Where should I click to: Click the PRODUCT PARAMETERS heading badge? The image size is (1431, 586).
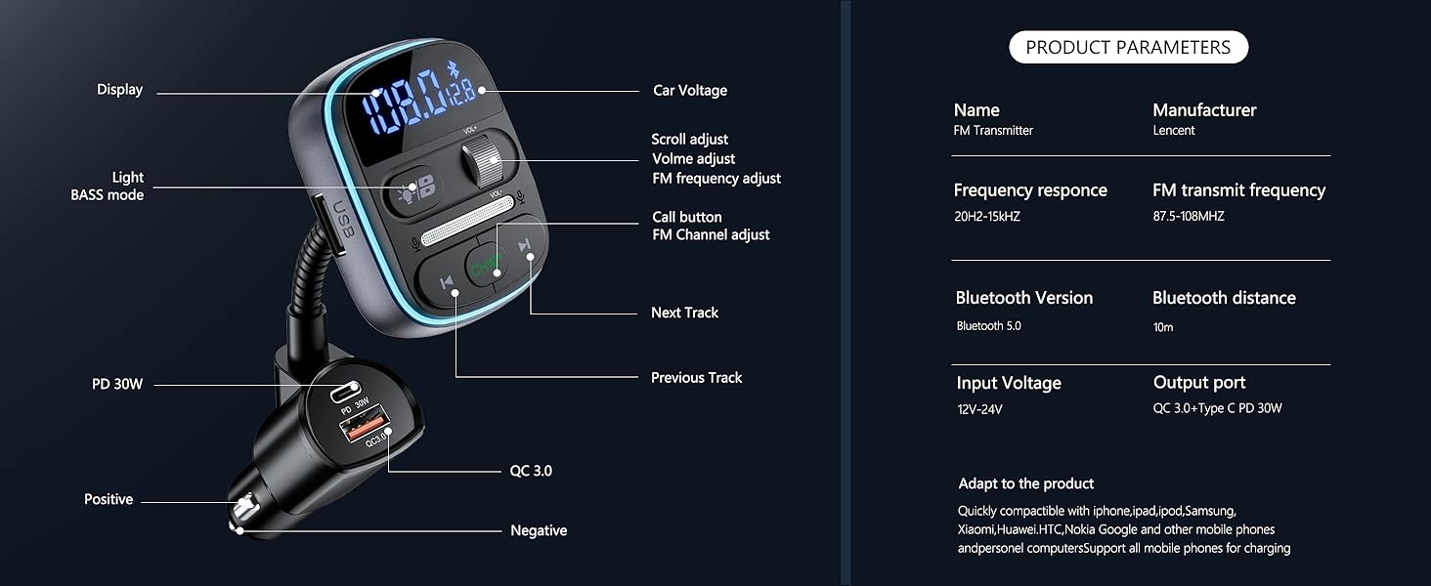pyautogui.click(x=1128, y=47)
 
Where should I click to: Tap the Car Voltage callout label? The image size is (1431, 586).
pyautogui.click(x=689, y=90)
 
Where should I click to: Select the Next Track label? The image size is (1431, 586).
pyautogui.click(x=684, y=313)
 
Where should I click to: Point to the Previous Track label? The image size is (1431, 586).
pyautogui.click(x=696, y=377)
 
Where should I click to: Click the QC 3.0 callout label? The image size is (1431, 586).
pyautogui.click(x=531, y=471)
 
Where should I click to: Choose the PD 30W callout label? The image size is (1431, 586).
pyautogui.click(x=117, y=384)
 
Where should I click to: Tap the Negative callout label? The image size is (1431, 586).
pyautogui.click(x=539, y=530)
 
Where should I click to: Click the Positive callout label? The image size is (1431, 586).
pyautogui.click(x=108, y=499)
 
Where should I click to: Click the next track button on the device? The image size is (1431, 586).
pyautogui.click(x=524, y=246)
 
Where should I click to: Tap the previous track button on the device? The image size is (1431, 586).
pyautogui.click(x=447, y=283)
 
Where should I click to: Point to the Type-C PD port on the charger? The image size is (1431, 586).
pyautogui.click(x=343, y=393)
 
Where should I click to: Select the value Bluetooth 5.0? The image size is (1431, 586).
pyautogui.click(x=988, y=326)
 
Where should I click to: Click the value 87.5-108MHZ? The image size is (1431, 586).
pyautogui.click(x=1188, y=216)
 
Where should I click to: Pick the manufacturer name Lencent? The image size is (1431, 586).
pyautogui.click(x=1173, y=130)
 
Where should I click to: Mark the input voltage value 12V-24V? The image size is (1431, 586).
pyautogui.click(x=979, y=409)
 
